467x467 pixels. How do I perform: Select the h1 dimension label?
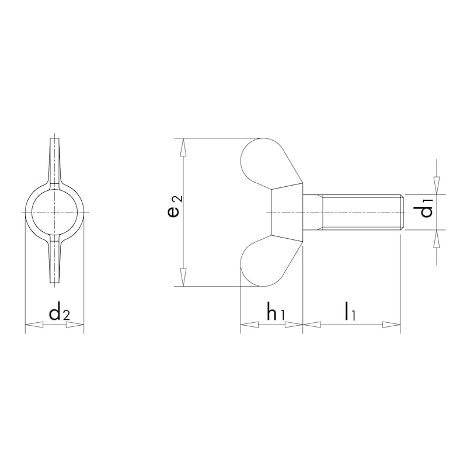pyautogui.click(x=275, y=313)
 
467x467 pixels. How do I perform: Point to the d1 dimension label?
pyautogui.click(x=428, y=208)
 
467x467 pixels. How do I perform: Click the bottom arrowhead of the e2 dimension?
pyautogui.click(x=184, y=278)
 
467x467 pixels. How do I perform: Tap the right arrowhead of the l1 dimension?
pyautogui.click(x=392, y=325)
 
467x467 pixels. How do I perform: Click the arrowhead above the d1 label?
pyautogui.click(x=436, y=186)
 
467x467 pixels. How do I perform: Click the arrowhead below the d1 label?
pyautogui.click(x=436, y=238)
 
